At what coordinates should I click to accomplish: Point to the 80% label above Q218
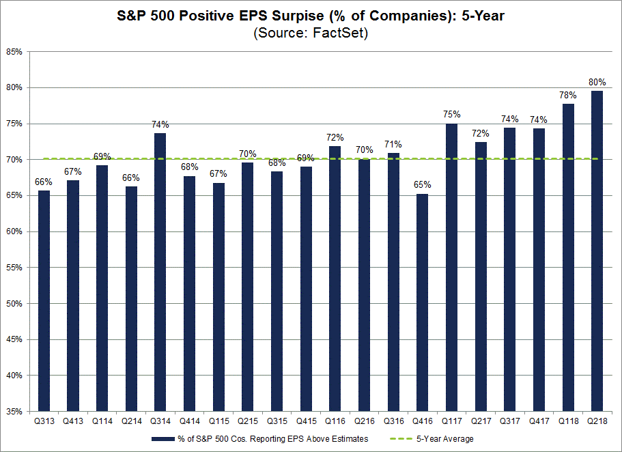coord(597,82)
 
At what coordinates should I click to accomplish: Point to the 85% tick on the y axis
coord(14,51)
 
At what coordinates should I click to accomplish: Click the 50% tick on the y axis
coord(14,304)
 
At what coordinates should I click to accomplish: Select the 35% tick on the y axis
coord(14,412)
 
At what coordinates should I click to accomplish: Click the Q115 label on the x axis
coord(218,422)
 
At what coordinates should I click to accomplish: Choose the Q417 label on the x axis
coord(538,422)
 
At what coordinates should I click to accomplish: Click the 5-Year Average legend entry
coord(447,439)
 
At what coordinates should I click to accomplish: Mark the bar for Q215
coord(247,287)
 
